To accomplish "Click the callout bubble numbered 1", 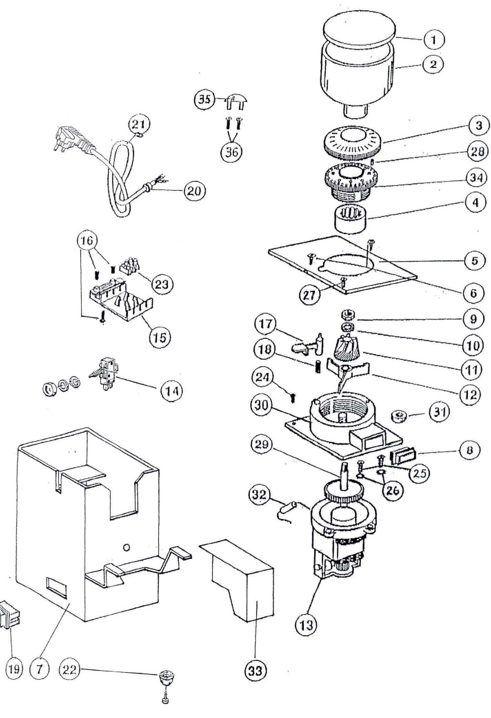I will coord(434,40).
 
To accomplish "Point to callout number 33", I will coord(255,671).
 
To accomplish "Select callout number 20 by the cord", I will coord(194,191).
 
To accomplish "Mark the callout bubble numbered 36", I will coord(231,151).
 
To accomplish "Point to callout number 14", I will coord(172,391).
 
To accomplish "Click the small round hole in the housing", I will coord(127,547).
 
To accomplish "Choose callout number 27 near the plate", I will coord(309,295).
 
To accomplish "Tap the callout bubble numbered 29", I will coord(262,444).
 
